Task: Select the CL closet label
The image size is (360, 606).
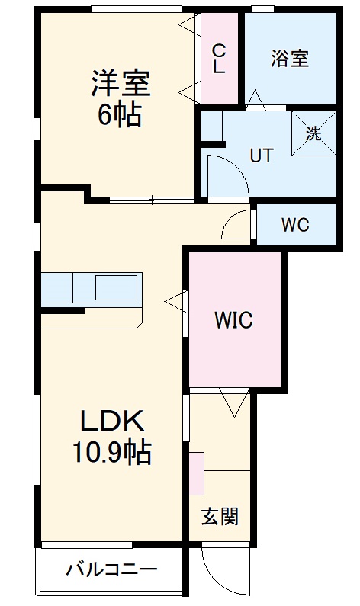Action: click(219, 59)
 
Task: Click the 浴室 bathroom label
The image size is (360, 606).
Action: click(289, 59)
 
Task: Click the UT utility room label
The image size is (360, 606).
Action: click(262, 155)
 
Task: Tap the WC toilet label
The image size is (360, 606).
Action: click(294, 225)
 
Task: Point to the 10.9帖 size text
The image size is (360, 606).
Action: click(111, 454)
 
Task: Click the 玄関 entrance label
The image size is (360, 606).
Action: click(220, 517)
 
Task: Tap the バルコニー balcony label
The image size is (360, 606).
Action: click(111, 569)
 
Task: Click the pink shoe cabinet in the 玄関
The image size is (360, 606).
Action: click(197, 473)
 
